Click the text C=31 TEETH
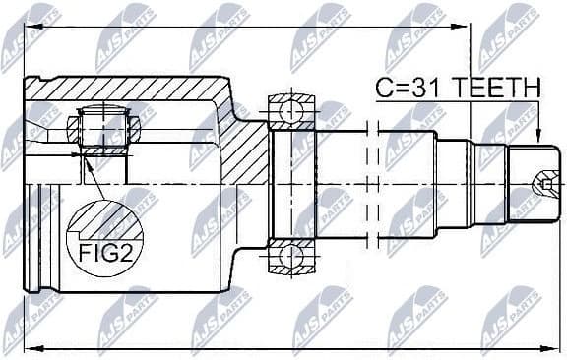pyautogui.click(x=457, y=88)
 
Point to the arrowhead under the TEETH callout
pyautogui.click(x=537, y=139)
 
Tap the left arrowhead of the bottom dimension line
pyautogui.click(x=29, y=345)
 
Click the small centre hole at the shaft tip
pyautogui.click(x=544, y=183)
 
